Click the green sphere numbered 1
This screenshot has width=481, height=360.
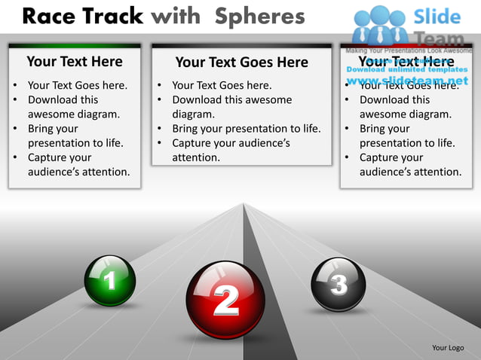[110, 280]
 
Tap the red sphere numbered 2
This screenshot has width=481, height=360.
[225, 300]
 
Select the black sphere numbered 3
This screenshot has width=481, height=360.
[339, 284]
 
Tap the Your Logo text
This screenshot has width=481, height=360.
[448, 347]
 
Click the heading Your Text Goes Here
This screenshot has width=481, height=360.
[241, 63]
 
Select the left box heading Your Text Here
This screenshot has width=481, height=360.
[74, 62]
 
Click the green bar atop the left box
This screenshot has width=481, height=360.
[74, 46]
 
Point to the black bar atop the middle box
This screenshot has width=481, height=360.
[241, 46]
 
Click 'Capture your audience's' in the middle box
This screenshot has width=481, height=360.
[231, 143]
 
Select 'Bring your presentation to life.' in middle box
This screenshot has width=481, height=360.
[247, 129]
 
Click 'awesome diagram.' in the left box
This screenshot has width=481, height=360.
[74, 114]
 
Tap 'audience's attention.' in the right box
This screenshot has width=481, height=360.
[410, 172]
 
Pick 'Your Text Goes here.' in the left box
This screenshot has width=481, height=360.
[78, 85]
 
